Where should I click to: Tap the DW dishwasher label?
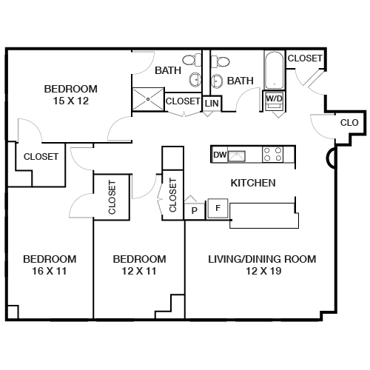(219, 155)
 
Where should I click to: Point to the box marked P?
(195, 210)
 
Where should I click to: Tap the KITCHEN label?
(253, 183)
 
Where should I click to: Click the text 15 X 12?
(71, 101)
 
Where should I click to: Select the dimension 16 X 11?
(50, 272)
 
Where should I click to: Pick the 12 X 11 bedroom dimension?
(138, 272)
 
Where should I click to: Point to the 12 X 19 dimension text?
(262, 272)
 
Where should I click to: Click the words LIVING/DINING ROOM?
(262, 259)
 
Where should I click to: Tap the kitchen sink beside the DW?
(238, 155)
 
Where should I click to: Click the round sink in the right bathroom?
(218, 80)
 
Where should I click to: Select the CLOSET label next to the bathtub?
(305, 58)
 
